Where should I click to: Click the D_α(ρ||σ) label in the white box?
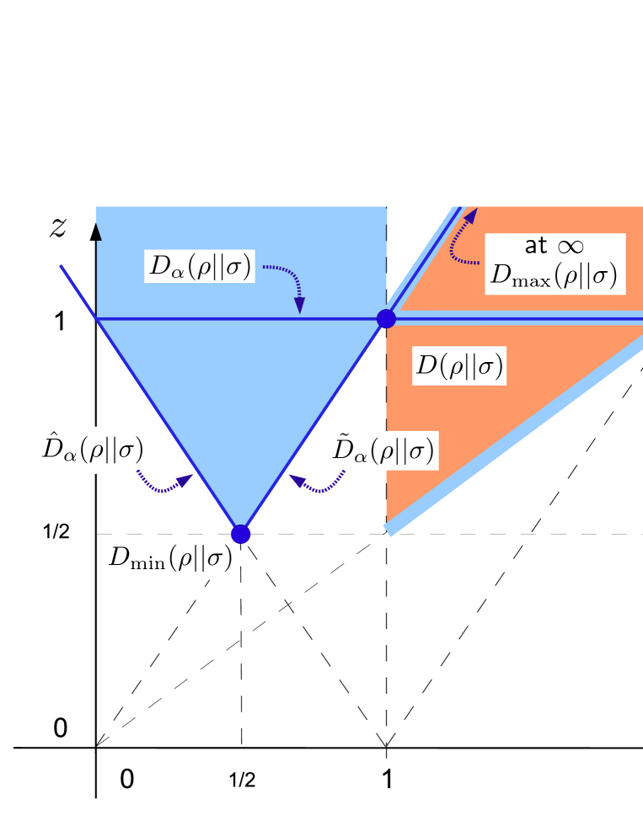click(200, 267)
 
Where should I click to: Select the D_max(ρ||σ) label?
click(555, 275)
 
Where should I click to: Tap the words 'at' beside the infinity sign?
click(536, 246)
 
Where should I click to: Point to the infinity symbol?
click(571, 247)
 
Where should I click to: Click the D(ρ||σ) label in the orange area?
click(459, 366)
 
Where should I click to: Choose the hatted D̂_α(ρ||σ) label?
click(92, 450)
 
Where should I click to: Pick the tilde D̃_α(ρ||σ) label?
click(383, 452)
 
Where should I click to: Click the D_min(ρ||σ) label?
click(169, 558)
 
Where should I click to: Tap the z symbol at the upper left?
click(58, 228)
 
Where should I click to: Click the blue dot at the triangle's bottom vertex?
click(241, 534)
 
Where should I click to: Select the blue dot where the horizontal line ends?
click(386, 318)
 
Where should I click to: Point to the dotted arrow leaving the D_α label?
click(286, 282)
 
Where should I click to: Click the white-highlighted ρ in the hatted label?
click(95, 451)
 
